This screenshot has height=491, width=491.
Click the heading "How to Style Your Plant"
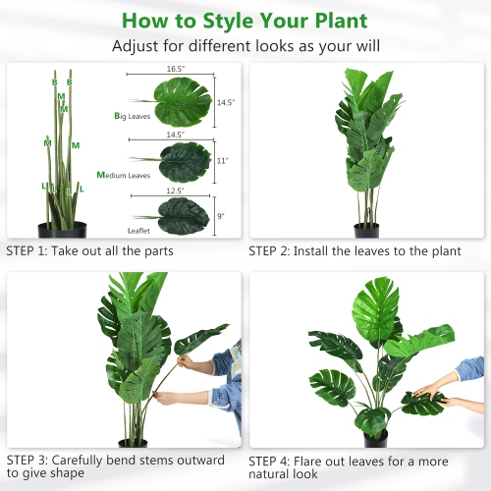pyautogui.click(x=245, y=20)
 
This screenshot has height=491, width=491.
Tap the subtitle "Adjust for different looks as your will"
pyautogui.click(x=245, y=46)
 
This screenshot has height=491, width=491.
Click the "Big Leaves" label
pyautogui.click(x=132, y=116)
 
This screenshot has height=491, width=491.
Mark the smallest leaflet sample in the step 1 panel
pyautogui.click(x=181, y=215)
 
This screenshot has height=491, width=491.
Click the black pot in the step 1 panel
pyautogui.click(x=62, y=230)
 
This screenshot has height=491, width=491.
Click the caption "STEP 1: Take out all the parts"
pyautogui.click(x=89, y=251)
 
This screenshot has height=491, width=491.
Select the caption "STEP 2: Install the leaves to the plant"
pyautogui.click(x=355, y=251)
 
